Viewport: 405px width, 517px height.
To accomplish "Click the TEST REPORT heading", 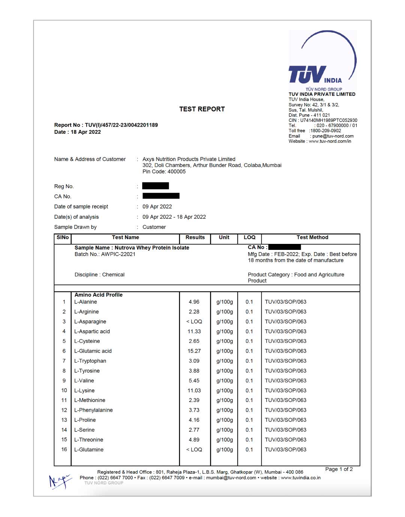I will click(202, 109).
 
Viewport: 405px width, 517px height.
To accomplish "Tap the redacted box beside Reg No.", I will click(156, 186).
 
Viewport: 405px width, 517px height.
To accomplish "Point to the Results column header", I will click(195, 238).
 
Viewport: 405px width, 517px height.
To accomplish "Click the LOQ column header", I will click(249, 238).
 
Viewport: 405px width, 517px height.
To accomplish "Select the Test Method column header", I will click(312, 238).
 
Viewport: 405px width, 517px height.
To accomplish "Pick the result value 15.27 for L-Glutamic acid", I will click(194, 351).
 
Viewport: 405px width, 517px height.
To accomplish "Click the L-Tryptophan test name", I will click(90, 361).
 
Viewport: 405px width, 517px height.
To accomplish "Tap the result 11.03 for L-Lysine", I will click(194, 390).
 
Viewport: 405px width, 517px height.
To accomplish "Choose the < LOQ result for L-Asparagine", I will click(194, 321).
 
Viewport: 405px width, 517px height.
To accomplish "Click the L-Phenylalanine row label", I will click(93, 410).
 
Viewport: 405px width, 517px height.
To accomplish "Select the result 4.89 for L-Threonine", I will click(194, 440).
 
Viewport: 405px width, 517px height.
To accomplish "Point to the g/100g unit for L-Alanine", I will click(224, 302).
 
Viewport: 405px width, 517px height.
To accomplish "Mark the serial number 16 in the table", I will click(64, 450).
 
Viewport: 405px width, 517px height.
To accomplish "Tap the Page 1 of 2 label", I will click(339, 469).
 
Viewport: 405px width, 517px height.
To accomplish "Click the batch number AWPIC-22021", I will click(118, 254).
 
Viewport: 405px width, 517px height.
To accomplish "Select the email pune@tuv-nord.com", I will click(333, 136).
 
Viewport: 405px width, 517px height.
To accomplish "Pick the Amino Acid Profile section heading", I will click(98, 295).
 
